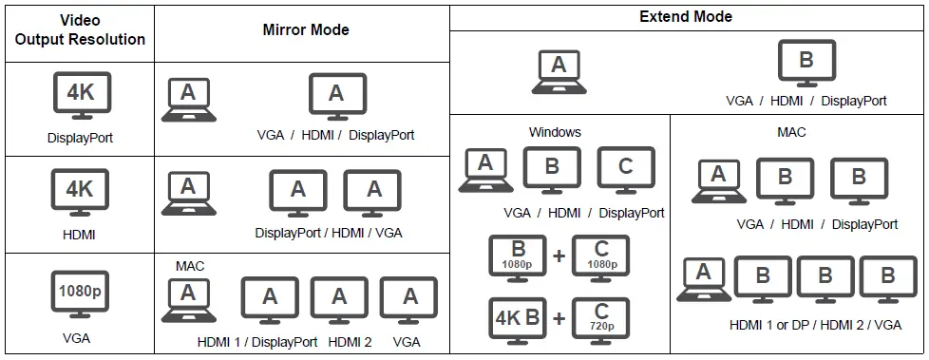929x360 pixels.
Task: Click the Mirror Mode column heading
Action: tap(306, 30)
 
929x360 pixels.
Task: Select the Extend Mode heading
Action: tap(686, 16)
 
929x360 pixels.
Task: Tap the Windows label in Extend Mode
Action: tap(555, 132)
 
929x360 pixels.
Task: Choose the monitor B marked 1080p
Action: tap(518, 257)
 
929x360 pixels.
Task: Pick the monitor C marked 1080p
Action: tap(600, 257)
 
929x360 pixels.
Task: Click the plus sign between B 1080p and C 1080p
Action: tap(559, 257)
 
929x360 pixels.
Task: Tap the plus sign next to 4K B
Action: tap(559, 319)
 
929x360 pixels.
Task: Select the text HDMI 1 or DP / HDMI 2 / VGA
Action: tap(815, 325)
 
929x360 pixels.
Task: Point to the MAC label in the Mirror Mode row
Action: tap(190, 266)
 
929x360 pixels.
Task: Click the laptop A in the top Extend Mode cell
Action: tap(559, 71)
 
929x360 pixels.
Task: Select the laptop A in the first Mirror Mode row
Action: tap(188, 99)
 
